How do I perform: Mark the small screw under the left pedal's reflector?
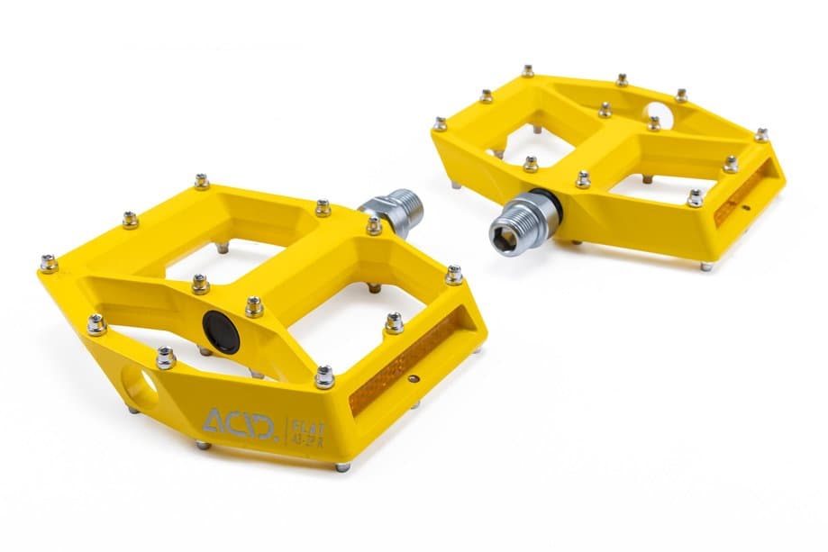[x=414, y=380]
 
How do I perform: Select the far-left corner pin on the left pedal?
[x=48, y=263]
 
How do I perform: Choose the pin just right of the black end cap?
[x=255, y=307]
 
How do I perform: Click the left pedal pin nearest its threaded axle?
[x=374, y=226]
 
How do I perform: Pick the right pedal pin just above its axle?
[x=531, y=164]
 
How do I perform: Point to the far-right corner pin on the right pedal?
[x=761, y=135]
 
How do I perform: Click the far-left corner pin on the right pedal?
[x=440, y=123]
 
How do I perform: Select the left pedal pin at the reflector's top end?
[x=453, y=275]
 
